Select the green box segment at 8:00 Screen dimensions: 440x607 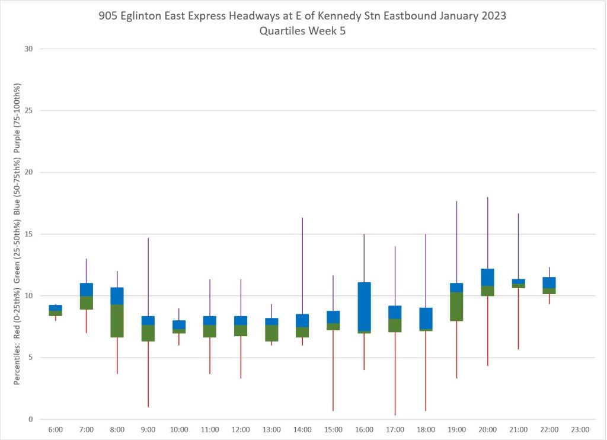pyautogui.click(x=117, y=321)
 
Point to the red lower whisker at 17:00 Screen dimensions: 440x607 pyautogui.click(x=395, y=374)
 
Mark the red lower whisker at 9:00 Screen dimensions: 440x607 pyautogui.click(x=148, y=374)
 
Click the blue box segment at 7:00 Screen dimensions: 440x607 pyautogui.click(x=87, y=289)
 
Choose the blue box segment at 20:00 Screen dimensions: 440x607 pyautogui.click(x=487, y=277)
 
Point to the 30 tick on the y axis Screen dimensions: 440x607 pyautogui.click(x=27, y=49)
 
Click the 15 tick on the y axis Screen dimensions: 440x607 pyautogui.click(x=27, y=234)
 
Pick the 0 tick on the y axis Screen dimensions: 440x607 pyautogui.click(x=29, y=419)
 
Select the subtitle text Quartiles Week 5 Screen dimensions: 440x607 pyautogui.click(x=302, y=31)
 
